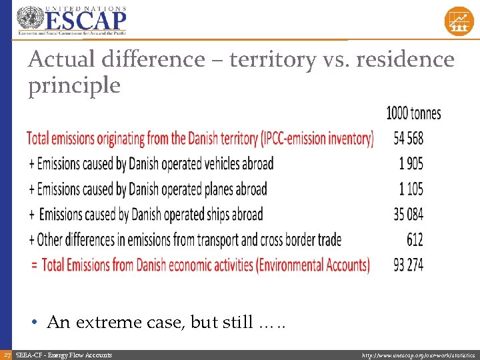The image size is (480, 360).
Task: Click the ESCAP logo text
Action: [84, 19]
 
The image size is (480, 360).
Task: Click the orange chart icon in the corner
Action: [459, 21]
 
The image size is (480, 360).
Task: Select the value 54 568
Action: [408, 139]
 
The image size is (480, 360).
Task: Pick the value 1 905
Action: [411, 163]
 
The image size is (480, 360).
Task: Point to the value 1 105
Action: [411, 189]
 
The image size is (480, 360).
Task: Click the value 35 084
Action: [408, 214]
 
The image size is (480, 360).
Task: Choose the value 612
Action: [414, 239]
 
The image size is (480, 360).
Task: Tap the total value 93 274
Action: [408, 265]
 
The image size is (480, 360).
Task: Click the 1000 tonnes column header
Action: [413, 113]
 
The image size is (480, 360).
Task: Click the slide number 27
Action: [6, 355]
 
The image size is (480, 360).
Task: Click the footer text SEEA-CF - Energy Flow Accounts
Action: [63, 355]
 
